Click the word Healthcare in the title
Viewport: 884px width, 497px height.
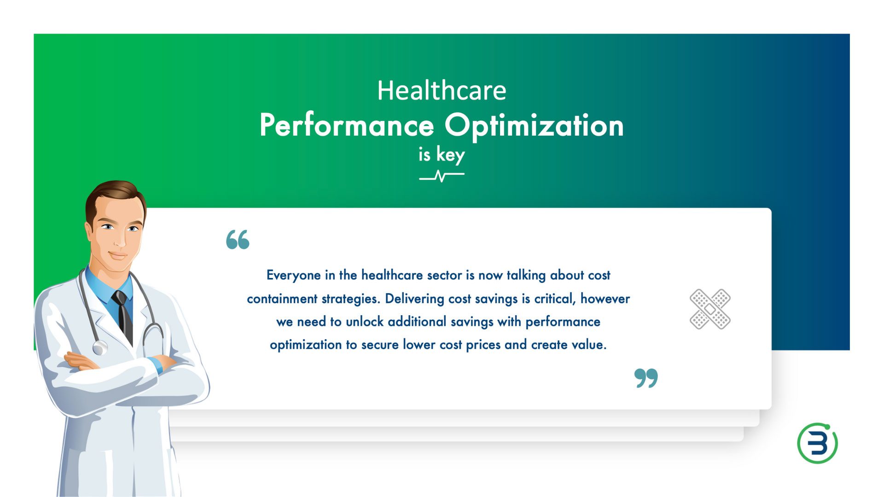[442, 90]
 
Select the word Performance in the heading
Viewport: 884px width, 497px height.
[347, 126]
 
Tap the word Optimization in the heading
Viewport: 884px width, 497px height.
[534, 126]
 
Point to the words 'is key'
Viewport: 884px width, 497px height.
[442, 155]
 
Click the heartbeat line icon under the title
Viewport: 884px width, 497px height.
[442, 176]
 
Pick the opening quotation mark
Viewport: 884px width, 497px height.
[238, 240]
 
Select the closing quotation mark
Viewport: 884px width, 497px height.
[646, 378]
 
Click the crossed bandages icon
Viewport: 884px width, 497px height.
[710, 309]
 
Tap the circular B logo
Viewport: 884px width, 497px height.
[818, 443]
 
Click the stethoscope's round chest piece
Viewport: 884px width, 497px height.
[99, 347]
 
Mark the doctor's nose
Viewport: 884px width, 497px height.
[121, 239]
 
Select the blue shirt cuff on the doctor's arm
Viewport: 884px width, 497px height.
[157, 365]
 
